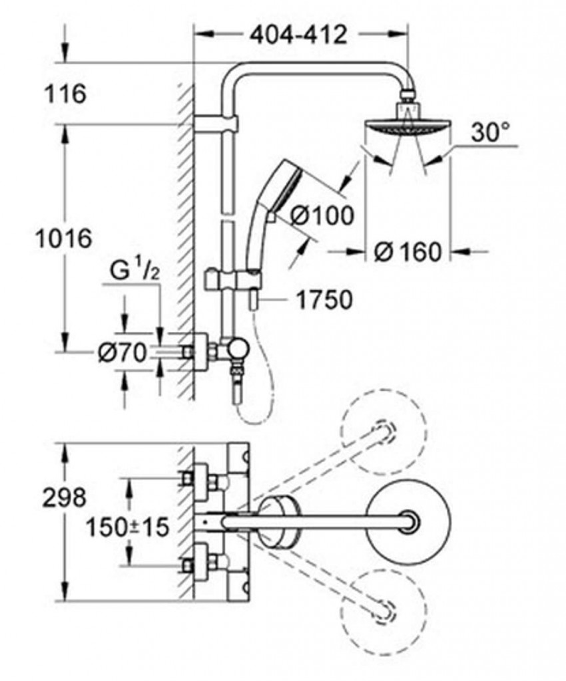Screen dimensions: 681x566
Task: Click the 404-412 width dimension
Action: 299,34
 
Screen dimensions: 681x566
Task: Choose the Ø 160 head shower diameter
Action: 408,251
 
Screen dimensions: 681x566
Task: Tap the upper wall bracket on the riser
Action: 216,123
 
